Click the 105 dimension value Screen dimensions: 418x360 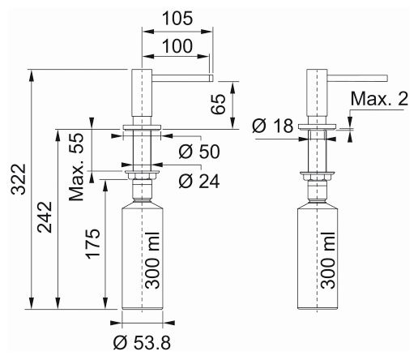tap(177, 19)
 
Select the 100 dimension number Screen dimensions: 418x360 tap(177, 45)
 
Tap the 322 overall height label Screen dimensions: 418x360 tap(19, 179)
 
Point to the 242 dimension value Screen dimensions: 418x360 tap(45, 217)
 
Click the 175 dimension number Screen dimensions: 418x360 tap(93, 243)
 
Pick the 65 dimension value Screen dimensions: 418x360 tap(218, 105)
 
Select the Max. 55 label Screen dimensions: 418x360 tap(76, 167)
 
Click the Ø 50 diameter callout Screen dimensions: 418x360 tap(199, 152)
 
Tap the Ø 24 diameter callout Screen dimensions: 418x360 tap(199, 181)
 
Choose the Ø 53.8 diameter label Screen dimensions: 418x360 tap(142, 343)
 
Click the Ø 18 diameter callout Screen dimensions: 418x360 tap(273, 126)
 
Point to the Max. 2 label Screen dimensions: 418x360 tap(379, 99)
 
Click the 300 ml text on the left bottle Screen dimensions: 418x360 tap(152, 260)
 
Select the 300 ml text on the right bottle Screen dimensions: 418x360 tap(328, 260)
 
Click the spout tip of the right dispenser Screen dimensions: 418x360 tap(386, 78)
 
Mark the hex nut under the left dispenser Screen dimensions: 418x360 tap(142, 177)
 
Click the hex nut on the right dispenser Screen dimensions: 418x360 tap(317, 178)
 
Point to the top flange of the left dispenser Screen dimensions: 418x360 tap(142, 127)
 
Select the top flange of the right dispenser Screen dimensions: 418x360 tap(317, 126)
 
